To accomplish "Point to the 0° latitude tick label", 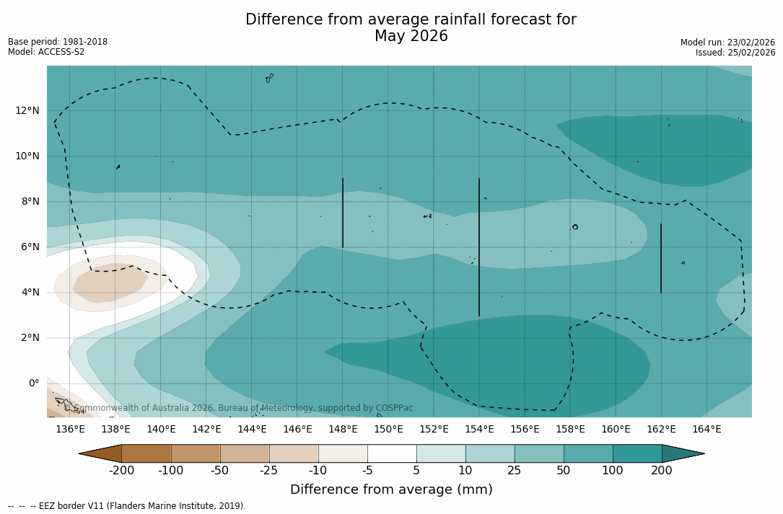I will point(33,383).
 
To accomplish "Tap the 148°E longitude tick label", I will point(343,430).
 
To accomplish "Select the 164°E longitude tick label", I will point(707,430).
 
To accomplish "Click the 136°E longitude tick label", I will point(70,430).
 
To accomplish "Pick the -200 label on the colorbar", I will point(121,471).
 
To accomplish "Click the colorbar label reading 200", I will point(662,471).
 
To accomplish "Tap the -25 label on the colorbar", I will point(269,471).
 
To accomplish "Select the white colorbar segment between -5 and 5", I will point(392,453).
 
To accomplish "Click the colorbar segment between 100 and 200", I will point(637,453).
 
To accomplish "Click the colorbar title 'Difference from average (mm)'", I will point(391,490).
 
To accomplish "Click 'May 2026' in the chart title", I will point(411,36).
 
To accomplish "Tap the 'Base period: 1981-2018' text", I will point(58,42).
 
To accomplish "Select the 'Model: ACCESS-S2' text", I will point(46,52).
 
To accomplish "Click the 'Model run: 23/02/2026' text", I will point(727,43).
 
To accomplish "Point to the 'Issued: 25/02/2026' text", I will point(735,53).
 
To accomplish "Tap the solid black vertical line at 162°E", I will point(661,258).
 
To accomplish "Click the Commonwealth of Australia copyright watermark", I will point(239,408).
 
